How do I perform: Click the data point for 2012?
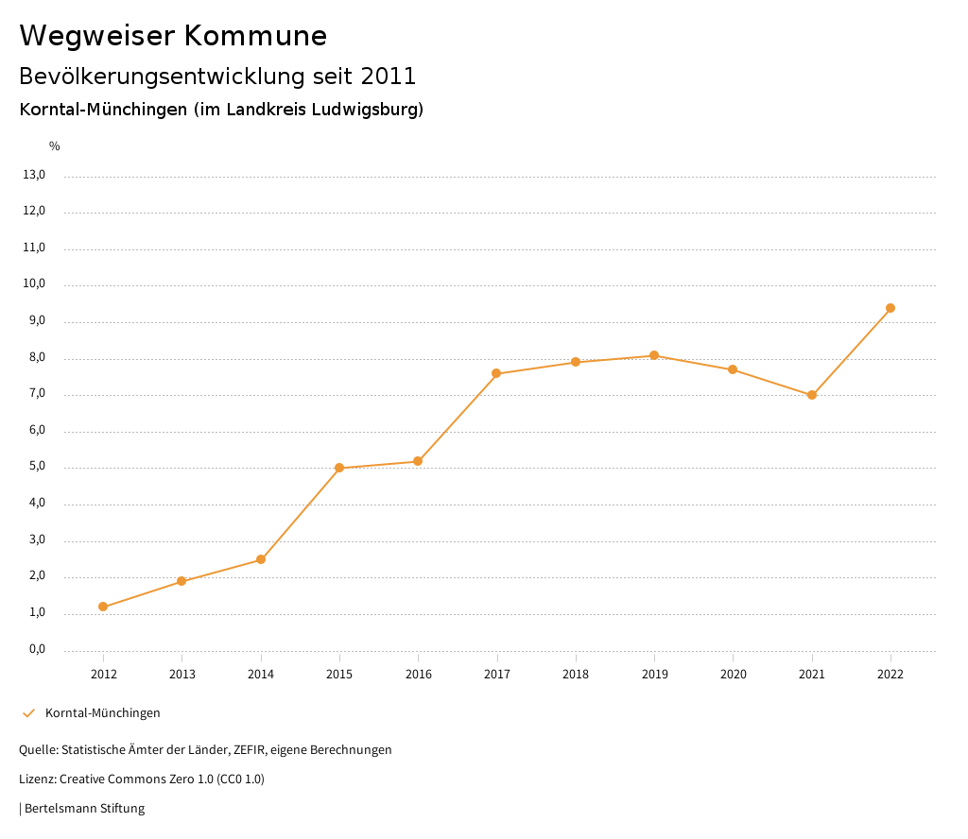(103, 607)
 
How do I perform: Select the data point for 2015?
(339, 468)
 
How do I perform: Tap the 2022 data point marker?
(890, 308)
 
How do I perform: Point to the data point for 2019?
(654, 355)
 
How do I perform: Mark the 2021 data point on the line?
(812, 395)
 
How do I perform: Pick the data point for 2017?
(496, 373)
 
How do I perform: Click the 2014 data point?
(261, 559)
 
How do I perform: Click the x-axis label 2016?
(418, 675)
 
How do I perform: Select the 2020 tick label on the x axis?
(733, 675)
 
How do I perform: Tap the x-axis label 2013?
(182, 675)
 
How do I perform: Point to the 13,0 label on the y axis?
(34, 175)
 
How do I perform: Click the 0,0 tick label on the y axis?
(36, 650)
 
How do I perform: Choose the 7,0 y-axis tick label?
(36, 394)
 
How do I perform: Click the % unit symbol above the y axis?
(55, 146)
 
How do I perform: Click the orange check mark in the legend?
(28, 713)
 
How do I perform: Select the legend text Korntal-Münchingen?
(103, 713)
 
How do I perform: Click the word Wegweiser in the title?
(96, 36)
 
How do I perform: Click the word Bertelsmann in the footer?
(59, 809)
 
